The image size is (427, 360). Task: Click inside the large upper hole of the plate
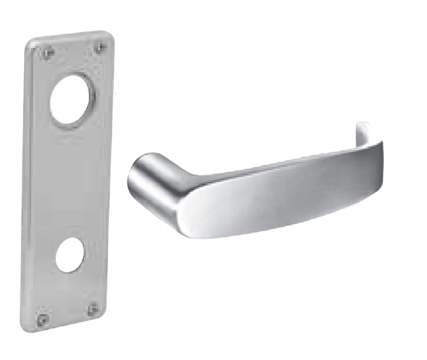[72, 101]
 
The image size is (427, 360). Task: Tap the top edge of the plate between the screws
[73, 38]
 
